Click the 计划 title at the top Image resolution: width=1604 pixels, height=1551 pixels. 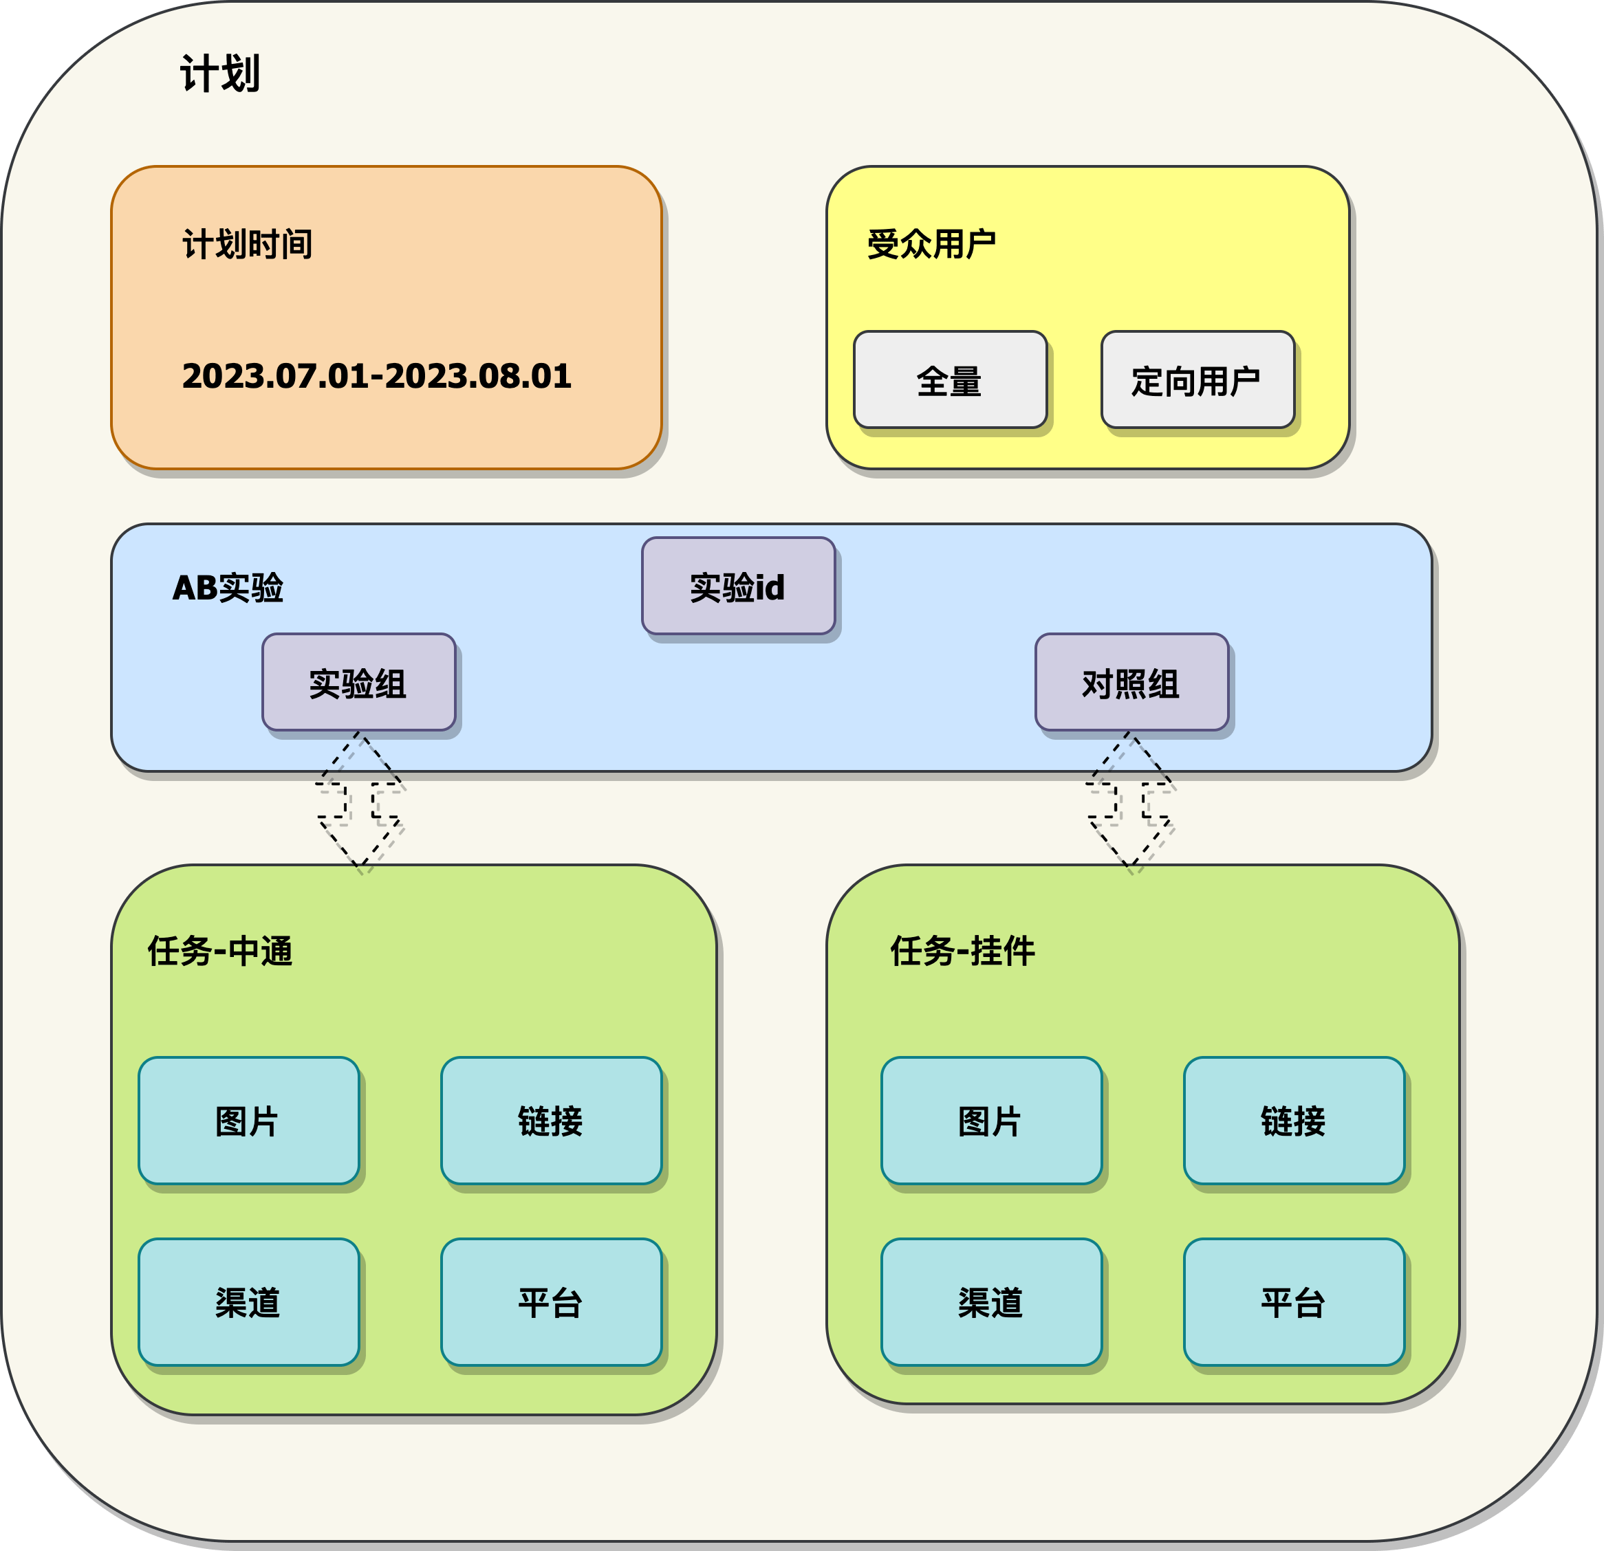[x=219, y=74]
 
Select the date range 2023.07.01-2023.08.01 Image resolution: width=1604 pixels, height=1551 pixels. [x=376, y=375]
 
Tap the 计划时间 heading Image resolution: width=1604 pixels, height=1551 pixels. [x=247, y=244]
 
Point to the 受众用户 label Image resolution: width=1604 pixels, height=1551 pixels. [x=931, y=244]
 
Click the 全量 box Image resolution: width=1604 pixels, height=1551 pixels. [x=949, y=380]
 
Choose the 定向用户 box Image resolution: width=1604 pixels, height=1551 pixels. [x=1196, y=380]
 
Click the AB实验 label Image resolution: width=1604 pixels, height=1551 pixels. [x=228, y=587]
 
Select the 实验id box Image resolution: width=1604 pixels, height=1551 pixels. [x=737, y=586]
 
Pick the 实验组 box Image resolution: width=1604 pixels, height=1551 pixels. [x=358, y=682]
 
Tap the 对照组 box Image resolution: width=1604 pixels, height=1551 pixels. [x=1131, y=682]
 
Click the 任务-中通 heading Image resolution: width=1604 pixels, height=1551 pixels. [x=220, y=951]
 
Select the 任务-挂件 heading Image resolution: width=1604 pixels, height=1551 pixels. [x=962, y=951]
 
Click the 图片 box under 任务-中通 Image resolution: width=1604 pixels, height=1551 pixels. [x=248, y=1121]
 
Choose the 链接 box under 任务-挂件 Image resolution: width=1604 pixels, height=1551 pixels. [x=1293, y=1121]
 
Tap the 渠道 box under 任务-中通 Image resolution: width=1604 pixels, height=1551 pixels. [x=248, y=1302]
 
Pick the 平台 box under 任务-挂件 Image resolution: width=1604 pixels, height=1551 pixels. [x=1293, y=1302]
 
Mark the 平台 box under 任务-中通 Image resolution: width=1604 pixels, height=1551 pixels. [x=551, y=1302]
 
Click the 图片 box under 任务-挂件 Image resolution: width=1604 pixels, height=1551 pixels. [x=990, y=1121]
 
